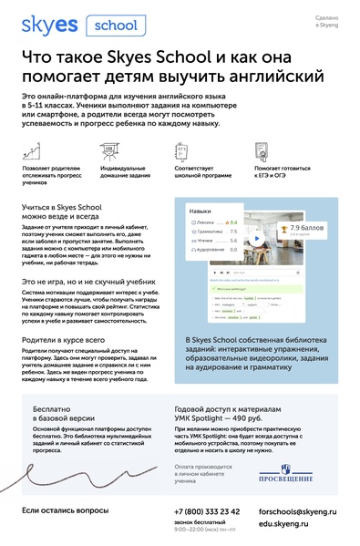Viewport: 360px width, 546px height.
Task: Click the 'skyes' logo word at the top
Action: coord(48,26)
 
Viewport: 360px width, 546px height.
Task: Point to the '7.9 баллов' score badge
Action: coord(307,252)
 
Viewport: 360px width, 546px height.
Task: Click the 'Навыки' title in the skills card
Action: coord(201,236)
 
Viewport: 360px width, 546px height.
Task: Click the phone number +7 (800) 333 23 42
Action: coord(207,511)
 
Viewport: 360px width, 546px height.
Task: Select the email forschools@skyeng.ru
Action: coord(296,512)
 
